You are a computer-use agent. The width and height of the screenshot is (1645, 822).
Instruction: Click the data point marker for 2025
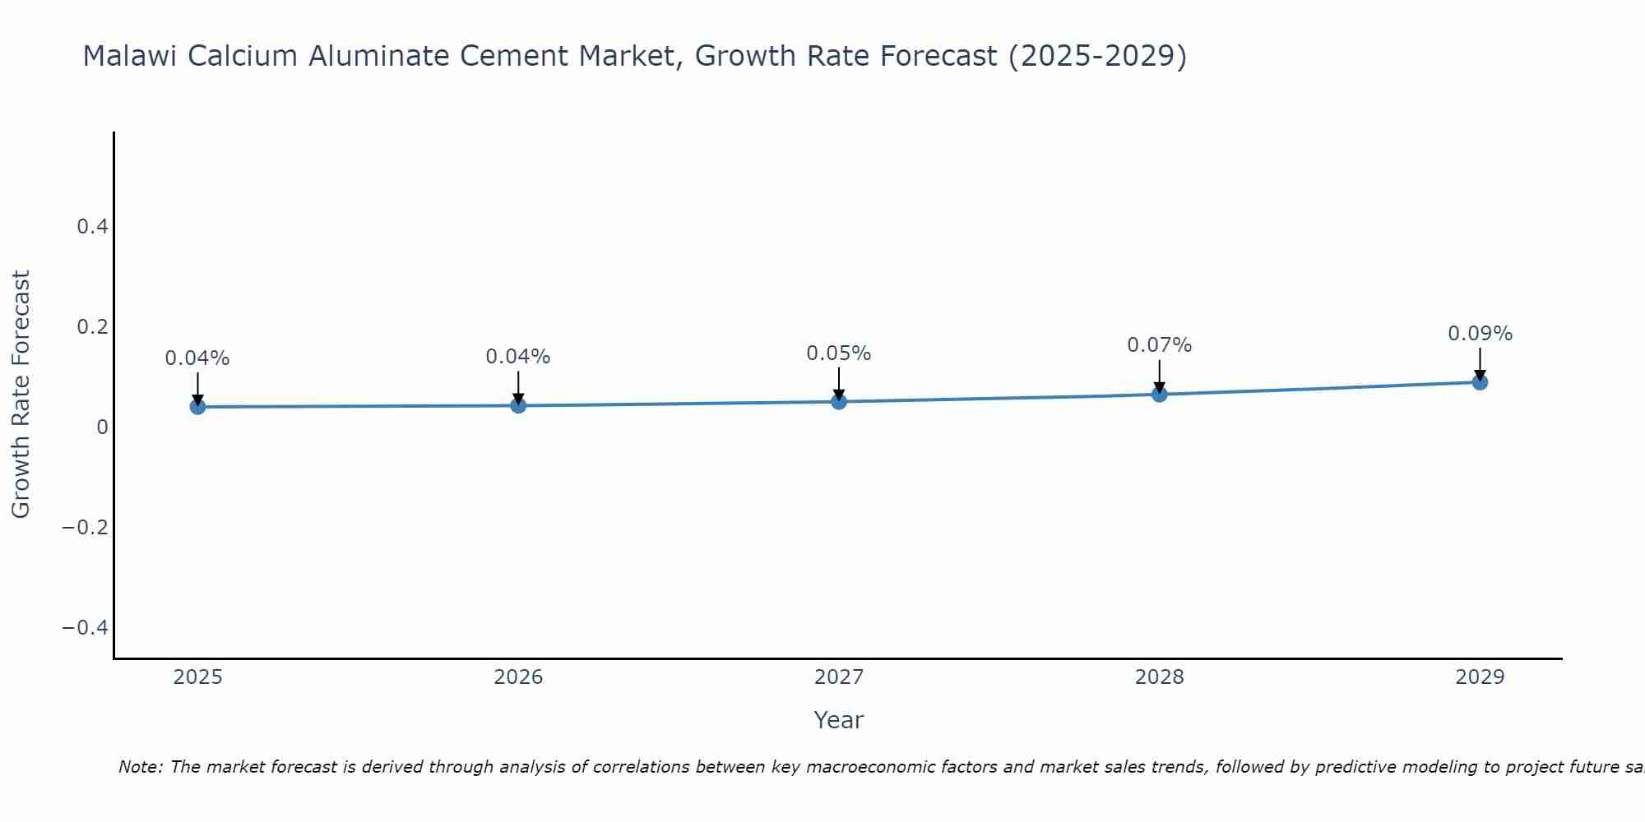(197, 406)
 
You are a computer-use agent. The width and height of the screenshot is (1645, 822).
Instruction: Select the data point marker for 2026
(518, 404)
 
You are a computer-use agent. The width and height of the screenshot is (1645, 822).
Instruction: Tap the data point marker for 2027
(839, 401)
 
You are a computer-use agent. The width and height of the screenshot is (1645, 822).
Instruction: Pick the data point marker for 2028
(1159, 394)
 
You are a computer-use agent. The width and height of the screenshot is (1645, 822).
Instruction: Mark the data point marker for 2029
(1480, 381)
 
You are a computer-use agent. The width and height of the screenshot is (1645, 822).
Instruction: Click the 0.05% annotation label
(838, 353)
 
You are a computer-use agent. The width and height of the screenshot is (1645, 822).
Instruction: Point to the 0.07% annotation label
(1159, 345)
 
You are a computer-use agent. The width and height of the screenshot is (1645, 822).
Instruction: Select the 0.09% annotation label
(1480, 334)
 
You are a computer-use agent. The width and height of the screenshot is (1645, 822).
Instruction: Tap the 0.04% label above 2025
(197, 358)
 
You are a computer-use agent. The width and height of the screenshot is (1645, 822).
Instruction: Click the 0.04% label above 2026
(518, 357)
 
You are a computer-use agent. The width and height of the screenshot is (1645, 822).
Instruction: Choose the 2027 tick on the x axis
(838, 677)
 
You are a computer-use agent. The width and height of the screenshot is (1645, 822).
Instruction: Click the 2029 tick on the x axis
(1480, 677)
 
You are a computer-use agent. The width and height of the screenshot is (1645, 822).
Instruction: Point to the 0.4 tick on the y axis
(92, 226)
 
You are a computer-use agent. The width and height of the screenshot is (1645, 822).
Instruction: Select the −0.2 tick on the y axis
(86, 527)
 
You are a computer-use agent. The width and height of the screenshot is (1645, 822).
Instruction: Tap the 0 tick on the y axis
(102, 427)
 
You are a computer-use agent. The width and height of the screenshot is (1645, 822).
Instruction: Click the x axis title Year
(838, 720)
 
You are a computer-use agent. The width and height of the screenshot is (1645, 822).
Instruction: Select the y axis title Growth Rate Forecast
(21, 395)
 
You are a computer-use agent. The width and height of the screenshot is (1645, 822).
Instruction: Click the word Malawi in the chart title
(131, 56)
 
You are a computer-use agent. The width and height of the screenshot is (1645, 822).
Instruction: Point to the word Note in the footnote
(140, 767)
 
